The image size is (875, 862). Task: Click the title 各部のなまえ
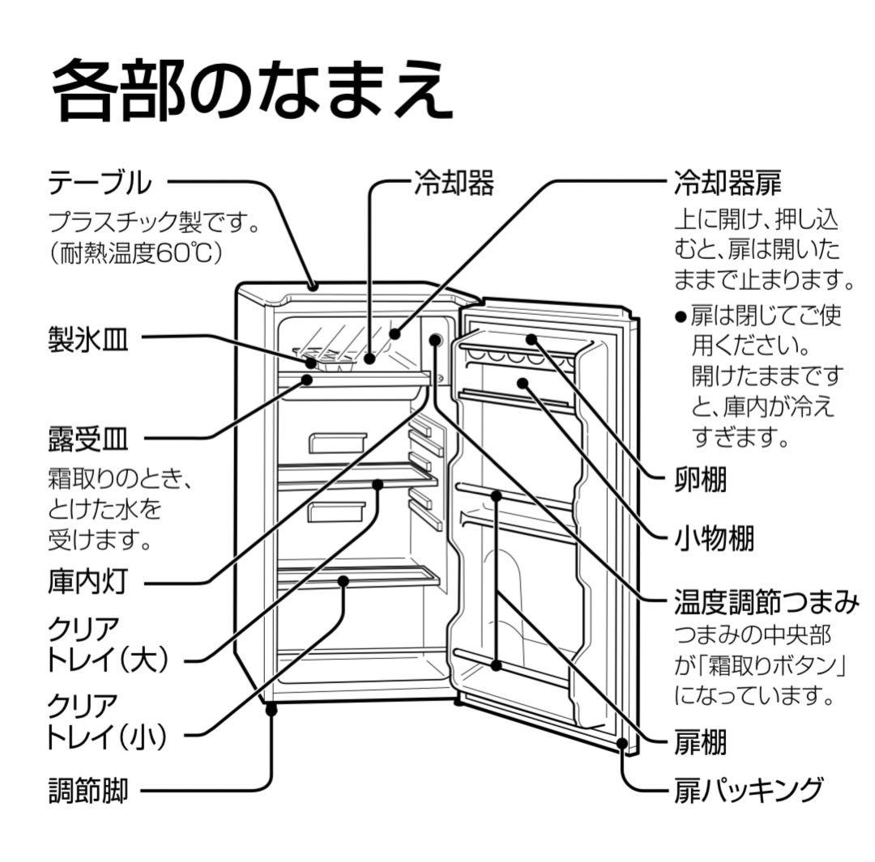252,89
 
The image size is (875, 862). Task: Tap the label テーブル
100,183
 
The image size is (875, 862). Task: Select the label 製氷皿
87,341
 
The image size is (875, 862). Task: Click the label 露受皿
87,442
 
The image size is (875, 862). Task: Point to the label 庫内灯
87,581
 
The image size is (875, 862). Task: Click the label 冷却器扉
728,183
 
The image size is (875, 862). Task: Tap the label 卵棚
700,480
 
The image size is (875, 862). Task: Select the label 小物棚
714,537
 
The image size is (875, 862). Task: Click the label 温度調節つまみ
766,602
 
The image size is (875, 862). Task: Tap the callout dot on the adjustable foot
271,709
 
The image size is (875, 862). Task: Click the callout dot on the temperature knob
436,340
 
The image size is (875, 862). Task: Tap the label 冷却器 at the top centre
454,183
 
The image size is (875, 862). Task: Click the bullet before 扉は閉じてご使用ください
681,316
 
